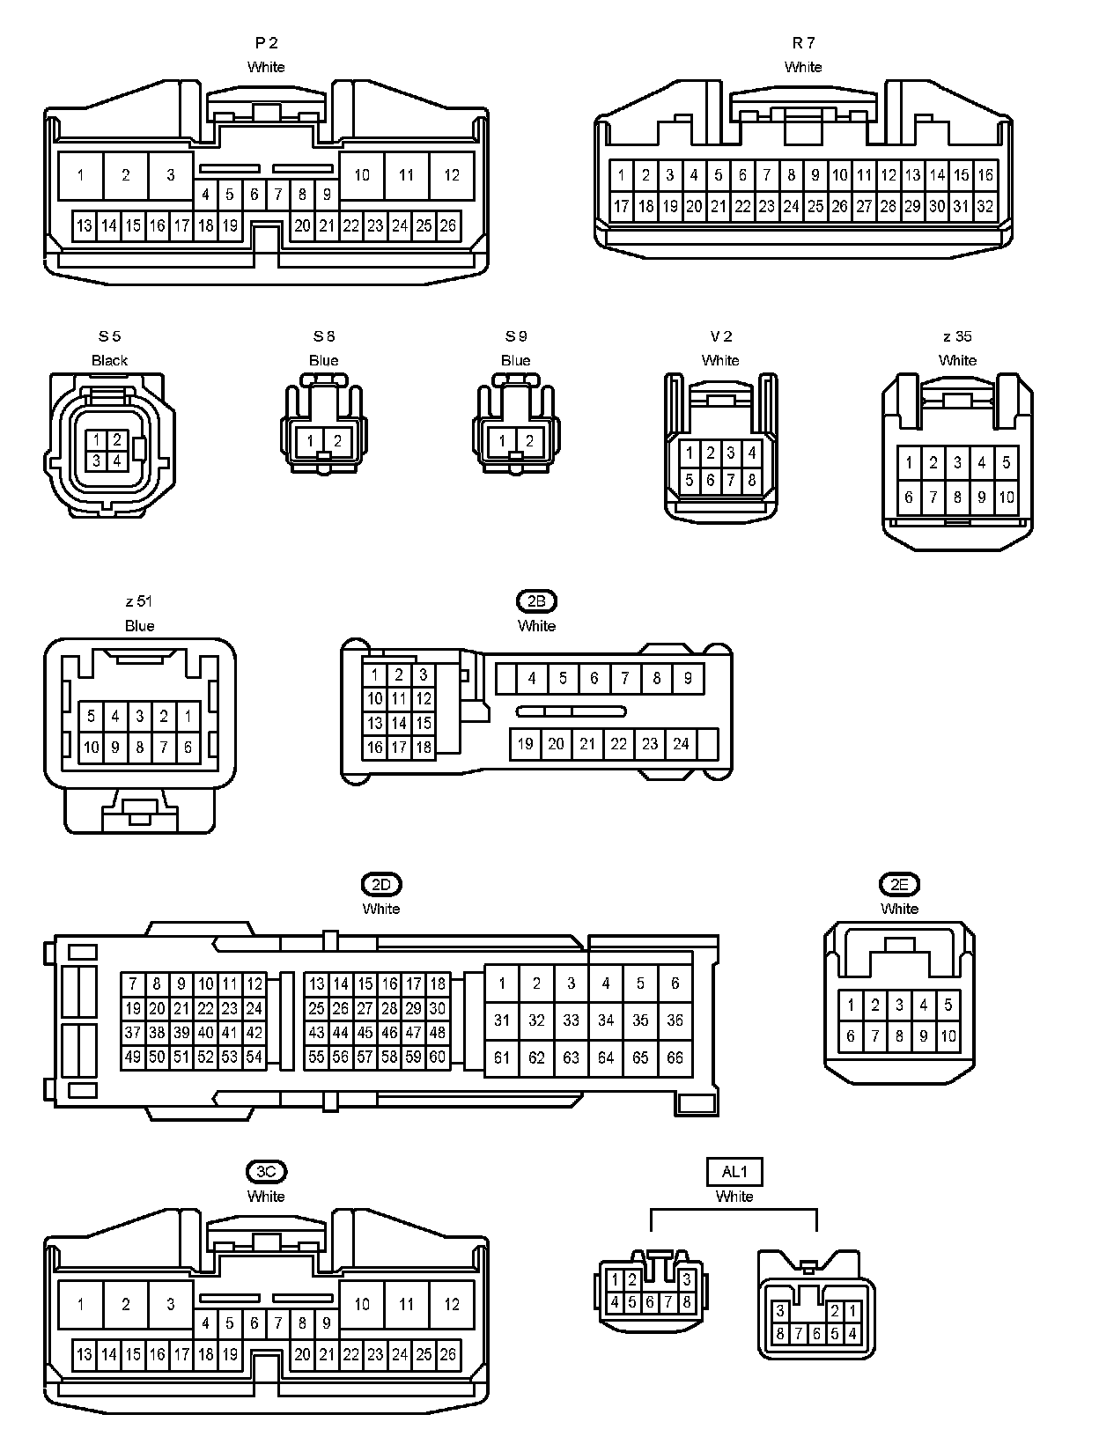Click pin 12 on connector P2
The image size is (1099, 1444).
[x=452, y=174]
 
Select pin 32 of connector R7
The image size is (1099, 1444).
[x=985, y=206]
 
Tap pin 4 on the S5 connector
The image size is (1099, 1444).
[x=116, y=459]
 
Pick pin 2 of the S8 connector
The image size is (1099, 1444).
[x=337, y=441]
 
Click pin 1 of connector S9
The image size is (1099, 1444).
[x=502, y=441]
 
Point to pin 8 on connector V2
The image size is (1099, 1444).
[x=752, y=480]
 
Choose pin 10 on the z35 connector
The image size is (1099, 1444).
[x=1006, y=497]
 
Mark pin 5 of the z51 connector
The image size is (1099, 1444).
[x=91, y=716]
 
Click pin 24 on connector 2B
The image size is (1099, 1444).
[x=681, y=743]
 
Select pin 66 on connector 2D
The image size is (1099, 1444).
[x=675, y=1057]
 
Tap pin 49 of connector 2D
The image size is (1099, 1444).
[x=133, y=1057]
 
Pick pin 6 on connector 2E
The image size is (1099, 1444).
[x=851, y=1035]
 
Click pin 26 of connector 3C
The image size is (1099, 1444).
[x=448, y=1354]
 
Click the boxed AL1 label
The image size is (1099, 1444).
[x=734, y=1171]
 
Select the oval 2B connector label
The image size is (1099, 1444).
[x=536, y=601]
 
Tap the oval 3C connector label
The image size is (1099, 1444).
[x=266, y=1171]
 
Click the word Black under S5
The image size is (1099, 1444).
[x=109, y=360]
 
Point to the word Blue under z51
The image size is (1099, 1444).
[x=139, y=625]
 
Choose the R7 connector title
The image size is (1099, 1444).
[x=803, y=42]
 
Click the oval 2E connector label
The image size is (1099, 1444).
[x=899, y=884]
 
